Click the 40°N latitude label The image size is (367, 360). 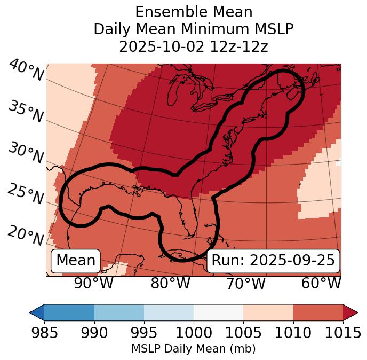[26, 71]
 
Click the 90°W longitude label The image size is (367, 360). [93, 283]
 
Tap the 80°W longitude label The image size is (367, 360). [171, 283]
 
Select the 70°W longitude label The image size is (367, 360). [245, 283]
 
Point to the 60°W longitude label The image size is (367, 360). [321, 283]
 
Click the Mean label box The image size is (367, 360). [76, 261]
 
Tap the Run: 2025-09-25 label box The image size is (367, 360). [273, 261]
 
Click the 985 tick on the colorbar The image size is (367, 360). [44, 333]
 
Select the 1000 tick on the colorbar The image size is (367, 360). [194, 333]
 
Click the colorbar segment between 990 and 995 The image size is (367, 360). [119, 312]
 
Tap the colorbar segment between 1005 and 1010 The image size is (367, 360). [268, 312]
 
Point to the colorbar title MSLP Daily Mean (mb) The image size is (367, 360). [193, 349]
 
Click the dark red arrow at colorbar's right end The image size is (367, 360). [350, 312]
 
